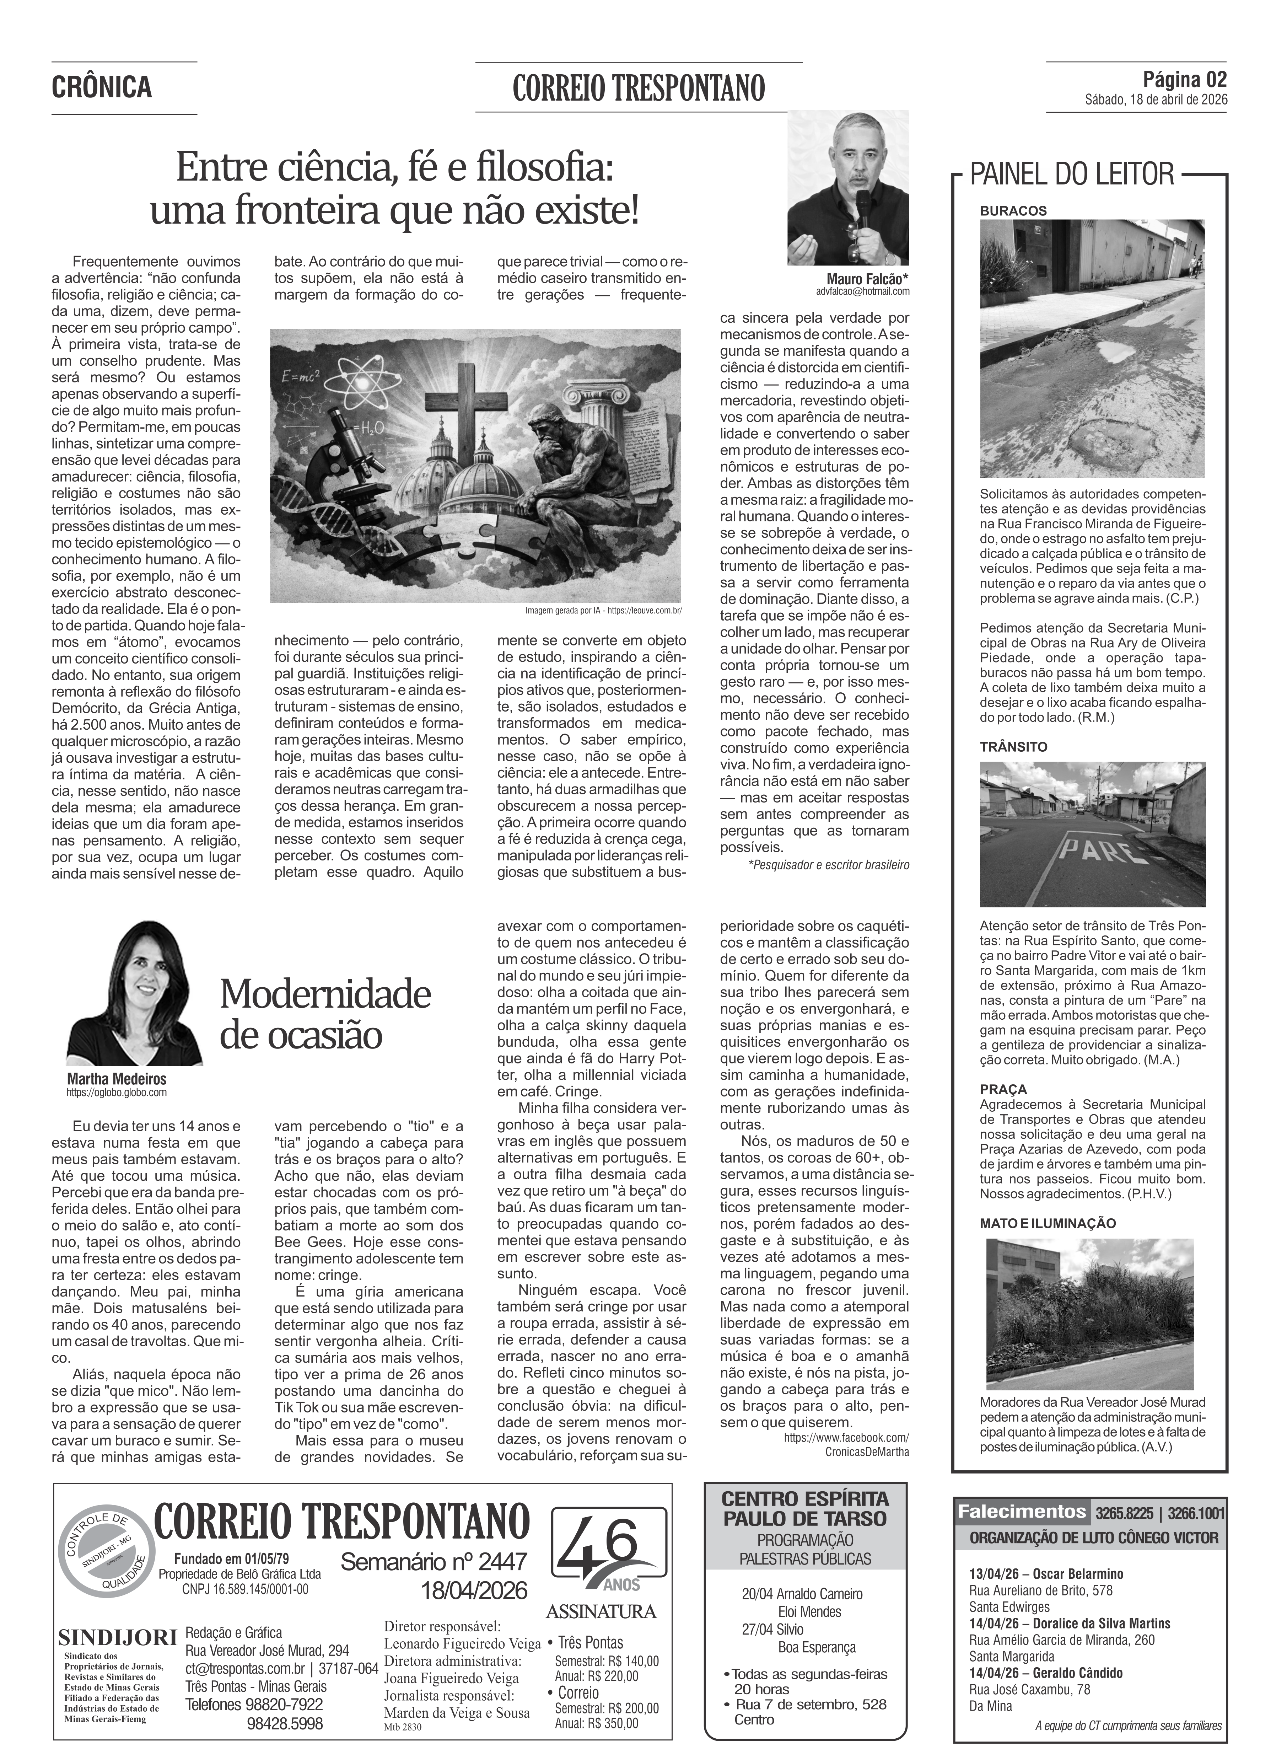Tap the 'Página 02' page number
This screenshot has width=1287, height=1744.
1184,80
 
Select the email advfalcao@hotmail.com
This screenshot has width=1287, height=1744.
863,291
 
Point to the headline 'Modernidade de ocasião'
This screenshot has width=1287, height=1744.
325,1015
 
